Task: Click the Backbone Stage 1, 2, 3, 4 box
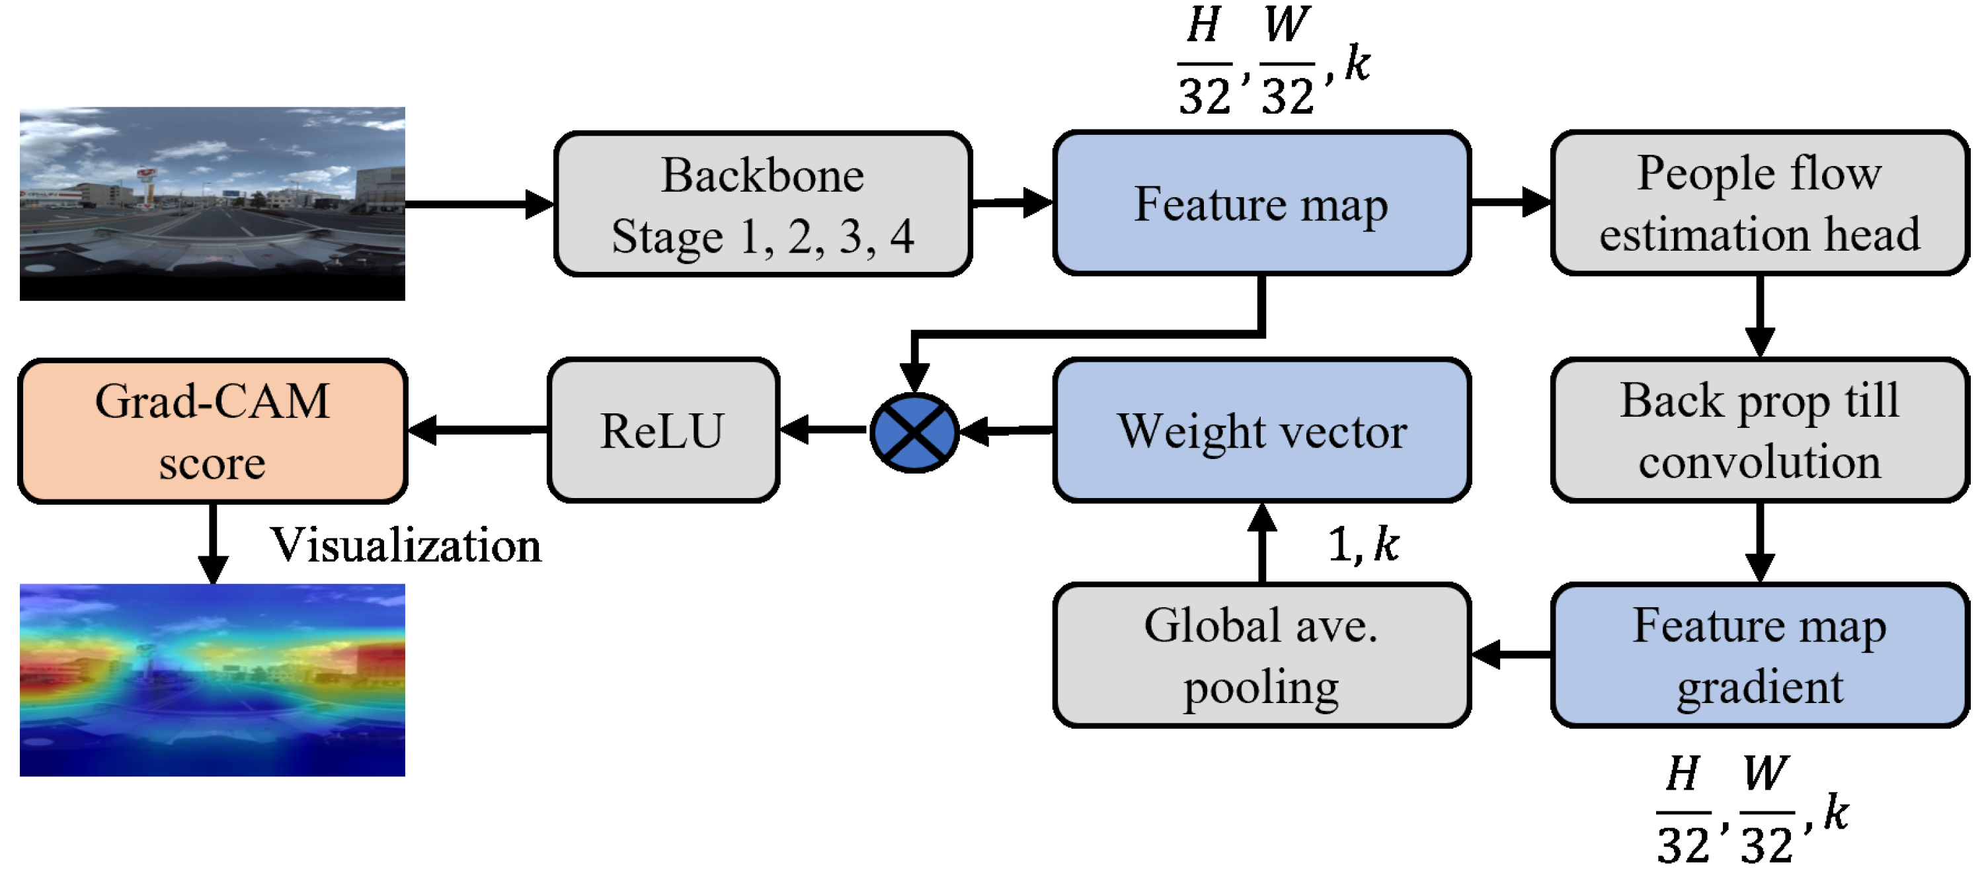(762, 204)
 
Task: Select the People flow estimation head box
(1759, 203)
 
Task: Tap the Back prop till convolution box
(1759, 431)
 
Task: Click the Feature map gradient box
(1759, 655)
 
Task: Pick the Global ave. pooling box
(1261, 655)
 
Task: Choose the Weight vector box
(1261, 431)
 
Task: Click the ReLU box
(663, 431)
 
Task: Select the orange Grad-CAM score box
(212, 431)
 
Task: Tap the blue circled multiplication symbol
(914, 432)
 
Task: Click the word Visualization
(405, 546)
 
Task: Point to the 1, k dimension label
(1363, 544)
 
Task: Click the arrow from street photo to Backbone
(478, 204)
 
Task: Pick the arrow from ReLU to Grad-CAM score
(478, 431)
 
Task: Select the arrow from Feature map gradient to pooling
(1511, 655)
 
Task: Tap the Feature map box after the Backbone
(1261, 203)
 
